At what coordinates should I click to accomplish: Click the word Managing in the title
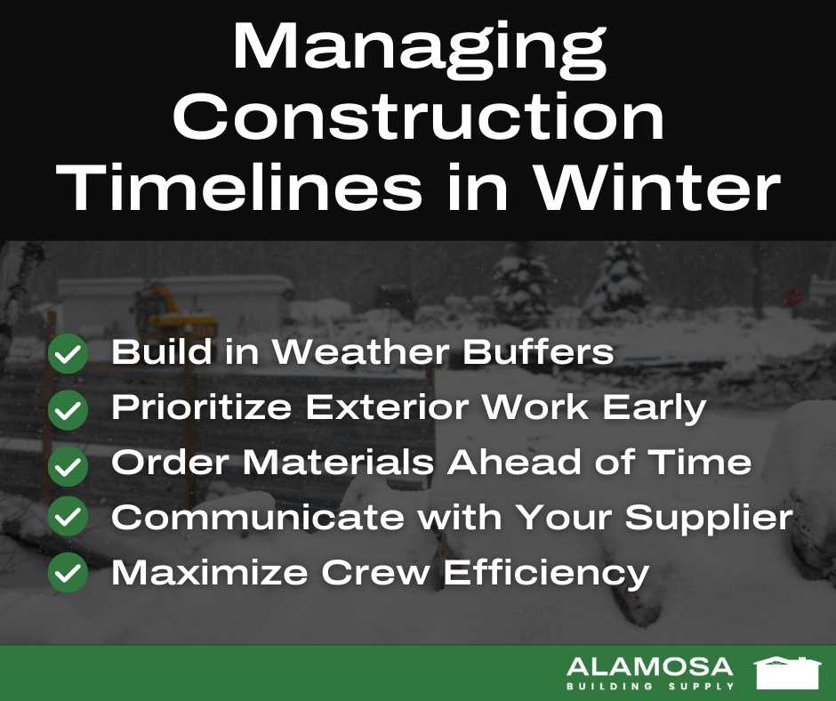pos(419,52)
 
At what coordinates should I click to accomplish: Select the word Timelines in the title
pos(239,187)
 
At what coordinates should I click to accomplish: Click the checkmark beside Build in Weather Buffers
pos(68,353)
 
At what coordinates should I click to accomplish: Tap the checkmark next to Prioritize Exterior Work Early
pos(68,409)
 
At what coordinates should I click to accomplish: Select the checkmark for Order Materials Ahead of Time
pos(68,466)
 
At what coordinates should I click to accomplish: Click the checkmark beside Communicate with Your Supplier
pos(68,516)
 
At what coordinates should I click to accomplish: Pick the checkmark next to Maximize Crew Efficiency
pos(68,572)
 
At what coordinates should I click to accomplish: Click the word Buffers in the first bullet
pos(538,351)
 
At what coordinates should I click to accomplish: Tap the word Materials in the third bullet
pos(339,462)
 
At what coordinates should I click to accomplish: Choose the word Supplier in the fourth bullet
pos(709,519)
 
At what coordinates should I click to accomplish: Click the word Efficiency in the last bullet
pos(546,573)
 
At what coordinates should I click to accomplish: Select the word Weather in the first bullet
pos(360,351)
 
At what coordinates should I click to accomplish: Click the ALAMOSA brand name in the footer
pos(650,667)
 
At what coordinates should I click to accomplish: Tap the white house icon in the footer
pos(787,673)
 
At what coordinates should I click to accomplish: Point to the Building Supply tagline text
pos(650,686)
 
